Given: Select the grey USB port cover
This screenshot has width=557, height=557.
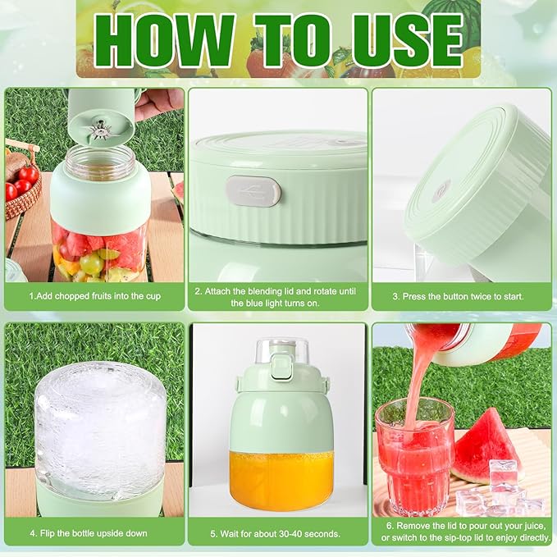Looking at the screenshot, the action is pos(253,192).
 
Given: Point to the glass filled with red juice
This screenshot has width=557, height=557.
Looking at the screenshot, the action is pos(415,459).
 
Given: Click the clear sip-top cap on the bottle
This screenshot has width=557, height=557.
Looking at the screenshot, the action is pos(281,353).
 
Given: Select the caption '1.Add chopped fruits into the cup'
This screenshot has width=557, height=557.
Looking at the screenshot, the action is pos(95,296).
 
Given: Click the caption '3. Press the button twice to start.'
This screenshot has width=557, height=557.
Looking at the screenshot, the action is pos(459,296).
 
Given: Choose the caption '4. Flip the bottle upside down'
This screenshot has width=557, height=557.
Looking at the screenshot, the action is pos(89,533).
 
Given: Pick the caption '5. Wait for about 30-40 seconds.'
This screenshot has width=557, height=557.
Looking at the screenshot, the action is pos(276,533).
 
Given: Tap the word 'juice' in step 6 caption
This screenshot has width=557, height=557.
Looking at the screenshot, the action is pos(532,526).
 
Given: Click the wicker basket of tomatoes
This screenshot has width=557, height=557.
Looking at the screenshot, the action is pos(21,189).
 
